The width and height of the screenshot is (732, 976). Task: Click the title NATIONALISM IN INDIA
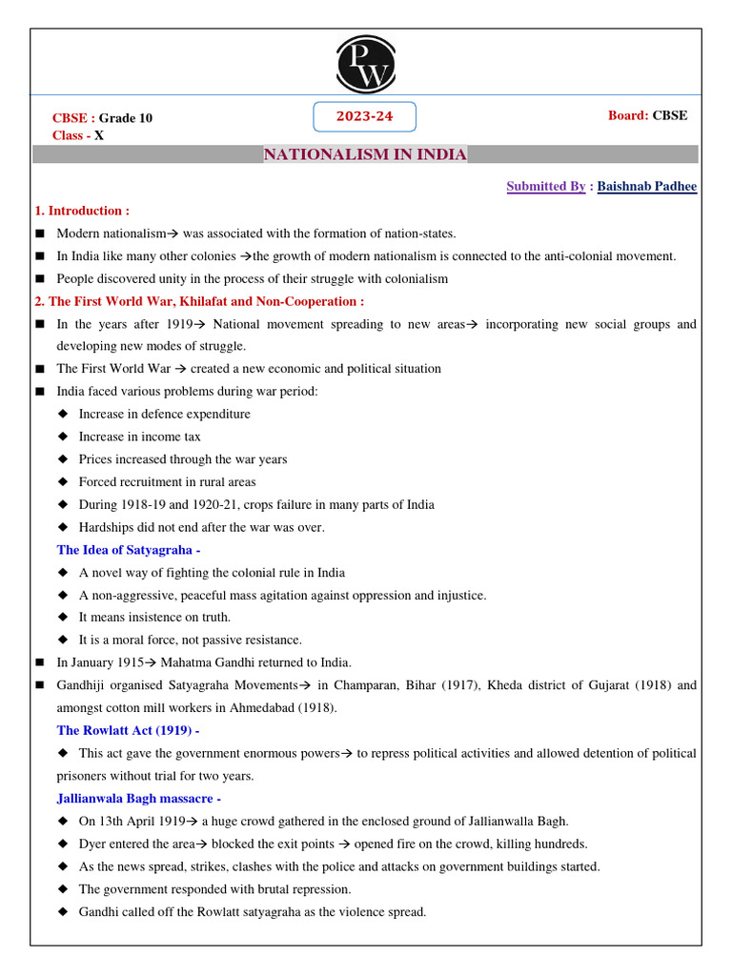(x=365, y=154)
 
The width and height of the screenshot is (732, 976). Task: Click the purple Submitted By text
(x=545, y=187)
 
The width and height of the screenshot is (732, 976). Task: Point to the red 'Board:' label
(x=628, y=115)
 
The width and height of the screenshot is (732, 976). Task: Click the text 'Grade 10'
(x=126, y=118)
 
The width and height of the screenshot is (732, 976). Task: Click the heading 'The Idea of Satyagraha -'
(x=129, y=550)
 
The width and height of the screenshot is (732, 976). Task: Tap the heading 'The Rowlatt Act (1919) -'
(x=129, y=730)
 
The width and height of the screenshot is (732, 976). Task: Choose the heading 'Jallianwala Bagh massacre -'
(x=139, y=798)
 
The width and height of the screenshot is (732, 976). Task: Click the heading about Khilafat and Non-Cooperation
(x=199, y=301)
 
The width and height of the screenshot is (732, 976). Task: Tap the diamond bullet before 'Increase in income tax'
(x=63, y=437)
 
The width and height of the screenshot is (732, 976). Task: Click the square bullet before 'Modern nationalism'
(x=39, y=234)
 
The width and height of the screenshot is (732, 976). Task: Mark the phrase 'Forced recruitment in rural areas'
(x=167, y=482)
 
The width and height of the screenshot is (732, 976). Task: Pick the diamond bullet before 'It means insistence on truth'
(x=63, y=618)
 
